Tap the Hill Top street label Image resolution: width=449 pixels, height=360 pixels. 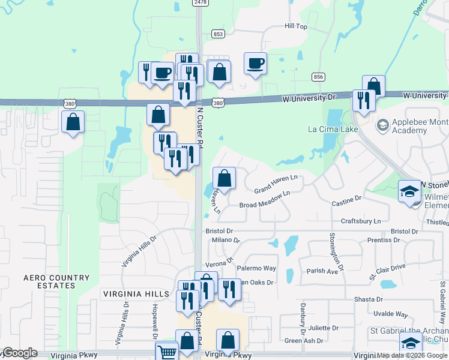(295, 27)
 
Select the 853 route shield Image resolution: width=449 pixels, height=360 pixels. (218, 34)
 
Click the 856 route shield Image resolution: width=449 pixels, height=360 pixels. (318, 77)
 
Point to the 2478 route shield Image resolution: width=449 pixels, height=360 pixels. (200, 3)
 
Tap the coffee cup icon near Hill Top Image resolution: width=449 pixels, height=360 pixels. (255, 63)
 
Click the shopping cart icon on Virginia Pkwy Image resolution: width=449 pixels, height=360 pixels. (166, 352)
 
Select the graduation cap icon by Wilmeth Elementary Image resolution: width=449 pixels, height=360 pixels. (410, 191)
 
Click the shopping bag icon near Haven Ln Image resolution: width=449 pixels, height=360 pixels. (224, 178)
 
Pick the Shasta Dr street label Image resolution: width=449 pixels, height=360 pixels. (368, 299)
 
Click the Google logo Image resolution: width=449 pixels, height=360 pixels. (20, 353)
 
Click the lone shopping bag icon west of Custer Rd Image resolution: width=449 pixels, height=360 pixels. (73, 122)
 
